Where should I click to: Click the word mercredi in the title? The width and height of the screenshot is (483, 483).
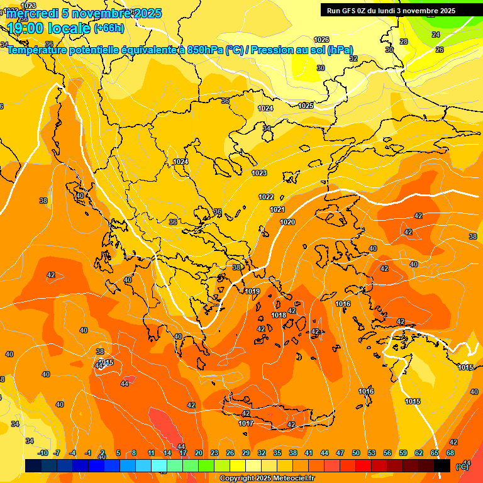33,13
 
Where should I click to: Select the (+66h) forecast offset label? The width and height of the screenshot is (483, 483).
109,28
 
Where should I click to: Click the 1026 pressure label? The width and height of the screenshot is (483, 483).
321,40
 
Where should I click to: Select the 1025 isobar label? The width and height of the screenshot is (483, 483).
306,106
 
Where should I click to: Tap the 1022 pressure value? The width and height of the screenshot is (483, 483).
266,197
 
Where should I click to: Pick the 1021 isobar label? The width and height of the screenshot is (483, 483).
277,209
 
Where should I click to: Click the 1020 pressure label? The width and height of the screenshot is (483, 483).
287,222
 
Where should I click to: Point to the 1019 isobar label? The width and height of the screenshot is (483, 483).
252,291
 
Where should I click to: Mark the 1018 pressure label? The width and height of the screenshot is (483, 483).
279,315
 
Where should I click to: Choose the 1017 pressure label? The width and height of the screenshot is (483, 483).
246,423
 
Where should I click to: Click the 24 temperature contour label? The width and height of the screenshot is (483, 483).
436,35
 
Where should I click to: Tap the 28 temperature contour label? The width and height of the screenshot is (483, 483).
404,42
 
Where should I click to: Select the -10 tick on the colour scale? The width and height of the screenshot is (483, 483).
43,453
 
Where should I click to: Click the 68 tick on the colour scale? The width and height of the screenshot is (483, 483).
450,453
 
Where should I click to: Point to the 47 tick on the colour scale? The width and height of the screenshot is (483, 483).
340,453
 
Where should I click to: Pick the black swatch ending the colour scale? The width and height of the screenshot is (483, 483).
442,465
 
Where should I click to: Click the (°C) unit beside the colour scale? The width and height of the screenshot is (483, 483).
462,466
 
